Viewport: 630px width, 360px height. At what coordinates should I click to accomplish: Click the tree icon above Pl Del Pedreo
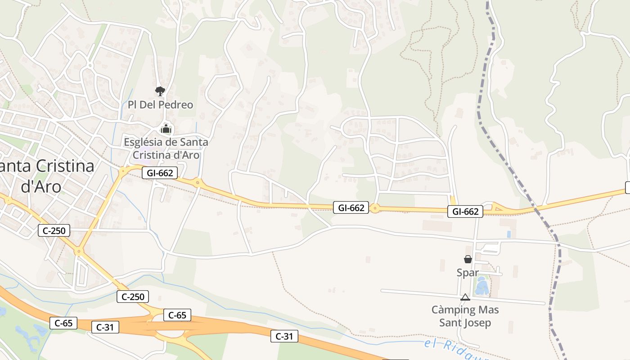point(160,91)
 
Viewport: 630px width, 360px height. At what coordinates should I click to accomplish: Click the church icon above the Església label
point(166,129)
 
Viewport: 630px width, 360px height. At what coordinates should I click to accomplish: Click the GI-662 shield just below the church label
point(160,173)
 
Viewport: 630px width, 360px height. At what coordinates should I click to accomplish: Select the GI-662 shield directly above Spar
point(465,211)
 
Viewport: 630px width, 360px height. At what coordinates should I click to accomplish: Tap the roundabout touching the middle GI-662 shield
point(375,208)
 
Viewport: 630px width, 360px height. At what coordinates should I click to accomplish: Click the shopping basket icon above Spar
point(468,259)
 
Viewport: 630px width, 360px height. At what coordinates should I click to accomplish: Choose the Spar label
point(468,273)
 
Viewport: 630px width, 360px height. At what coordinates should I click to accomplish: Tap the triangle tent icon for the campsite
point(465,297)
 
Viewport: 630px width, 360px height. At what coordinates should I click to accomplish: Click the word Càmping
point(453,310)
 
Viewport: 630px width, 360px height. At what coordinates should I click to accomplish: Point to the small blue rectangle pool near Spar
point(509,234)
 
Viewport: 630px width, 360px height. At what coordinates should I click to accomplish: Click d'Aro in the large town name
point(41,185)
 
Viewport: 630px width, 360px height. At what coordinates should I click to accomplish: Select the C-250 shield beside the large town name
point(54,231)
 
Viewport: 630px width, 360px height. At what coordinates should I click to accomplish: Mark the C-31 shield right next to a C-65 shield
point(105,328)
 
